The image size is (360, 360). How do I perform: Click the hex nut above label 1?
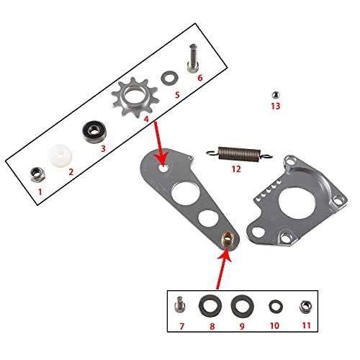[34, 173]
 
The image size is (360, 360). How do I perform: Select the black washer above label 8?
[210, 305]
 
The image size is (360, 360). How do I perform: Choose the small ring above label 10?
[274, 305]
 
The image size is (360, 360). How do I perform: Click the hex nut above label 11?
[305, 305]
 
